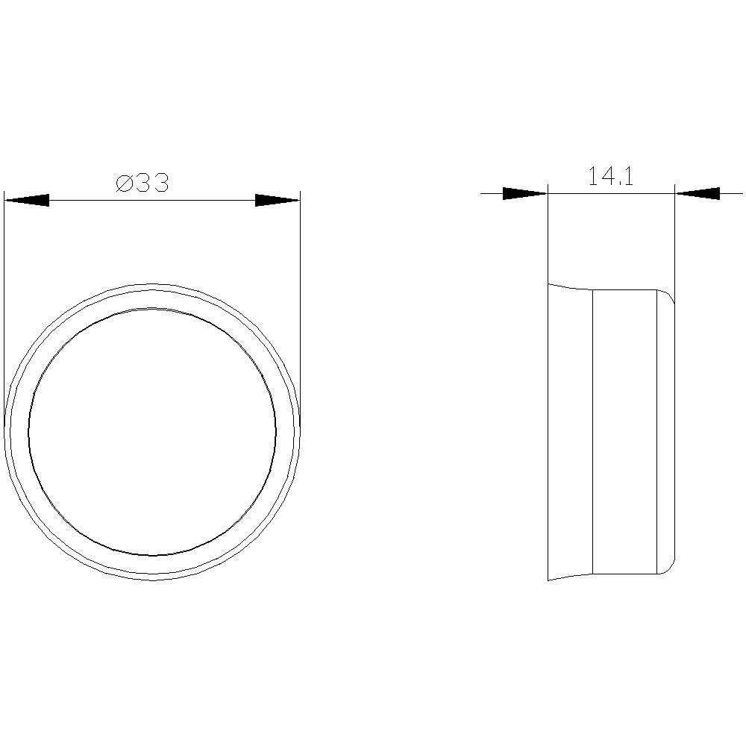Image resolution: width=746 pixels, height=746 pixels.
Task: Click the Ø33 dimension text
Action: point(143,183)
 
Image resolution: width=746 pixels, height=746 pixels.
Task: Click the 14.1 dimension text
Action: point(611,177)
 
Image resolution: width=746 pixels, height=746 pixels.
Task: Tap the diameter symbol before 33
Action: point(125,184)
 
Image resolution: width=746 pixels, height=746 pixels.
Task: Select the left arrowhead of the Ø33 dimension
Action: point(27,200)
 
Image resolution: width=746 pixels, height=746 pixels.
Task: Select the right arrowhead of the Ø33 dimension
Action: point(278,200)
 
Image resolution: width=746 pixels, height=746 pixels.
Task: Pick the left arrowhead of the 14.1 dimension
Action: point(524,194)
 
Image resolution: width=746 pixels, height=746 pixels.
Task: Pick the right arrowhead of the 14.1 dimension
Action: point(698,194)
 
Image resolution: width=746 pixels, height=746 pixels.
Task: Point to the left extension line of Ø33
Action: point(4,298)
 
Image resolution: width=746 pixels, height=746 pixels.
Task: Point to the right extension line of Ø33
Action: point(300,298)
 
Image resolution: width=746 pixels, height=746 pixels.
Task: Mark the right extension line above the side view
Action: point(675,239)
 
